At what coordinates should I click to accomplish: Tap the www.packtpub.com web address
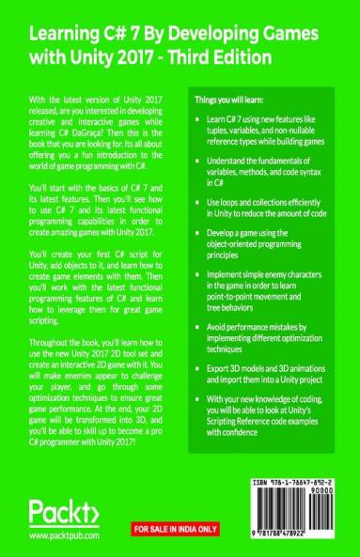[65, 535]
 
